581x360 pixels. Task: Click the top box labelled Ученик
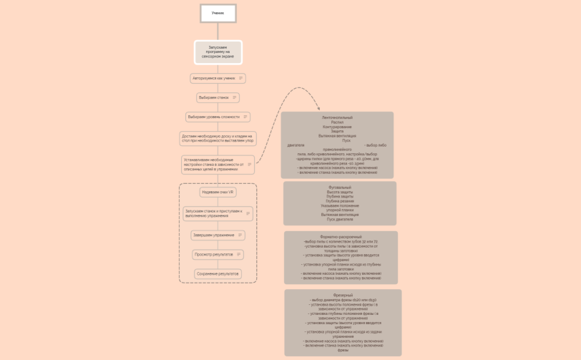click(x=218, y=13)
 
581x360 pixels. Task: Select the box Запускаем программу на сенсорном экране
click(x=218, y=52)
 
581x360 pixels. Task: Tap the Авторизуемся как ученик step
click(x=214, y=78)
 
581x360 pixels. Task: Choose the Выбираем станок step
click(x=214, y=97)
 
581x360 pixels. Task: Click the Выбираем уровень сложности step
click(x=213, y=117)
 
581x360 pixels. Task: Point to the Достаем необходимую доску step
click(x=218, y=138)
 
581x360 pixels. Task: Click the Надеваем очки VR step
click(x=218, y=192)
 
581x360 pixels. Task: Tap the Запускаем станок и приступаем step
click(x=213, y=213)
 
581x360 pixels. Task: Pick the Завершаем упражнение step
click(x=213, y=235)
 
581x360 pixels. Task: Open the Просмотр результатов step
click(x=213, y=254)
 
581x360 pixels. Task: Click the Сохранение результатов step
click(x=218, y=273)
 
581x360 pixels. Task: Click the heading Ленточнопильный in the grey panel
click(x=337, y=117)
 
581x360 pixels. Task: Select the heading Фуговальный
click(x=340, y=188)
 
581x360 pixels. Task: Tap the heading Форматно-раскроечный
click(x=341, y=237)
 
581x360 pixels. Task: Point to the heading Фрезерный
click(x=343, y=295)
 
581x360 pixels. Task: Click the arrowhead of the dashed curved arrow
click(x=318, y=108)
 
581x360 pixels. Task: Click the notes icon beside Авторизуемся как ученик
click(x=240, y=78)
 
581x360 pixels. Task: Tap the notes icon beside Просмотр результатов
click(x=238, y=254)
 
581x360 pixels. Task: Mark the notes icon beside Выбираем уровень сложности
click(x=245, y=117)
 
